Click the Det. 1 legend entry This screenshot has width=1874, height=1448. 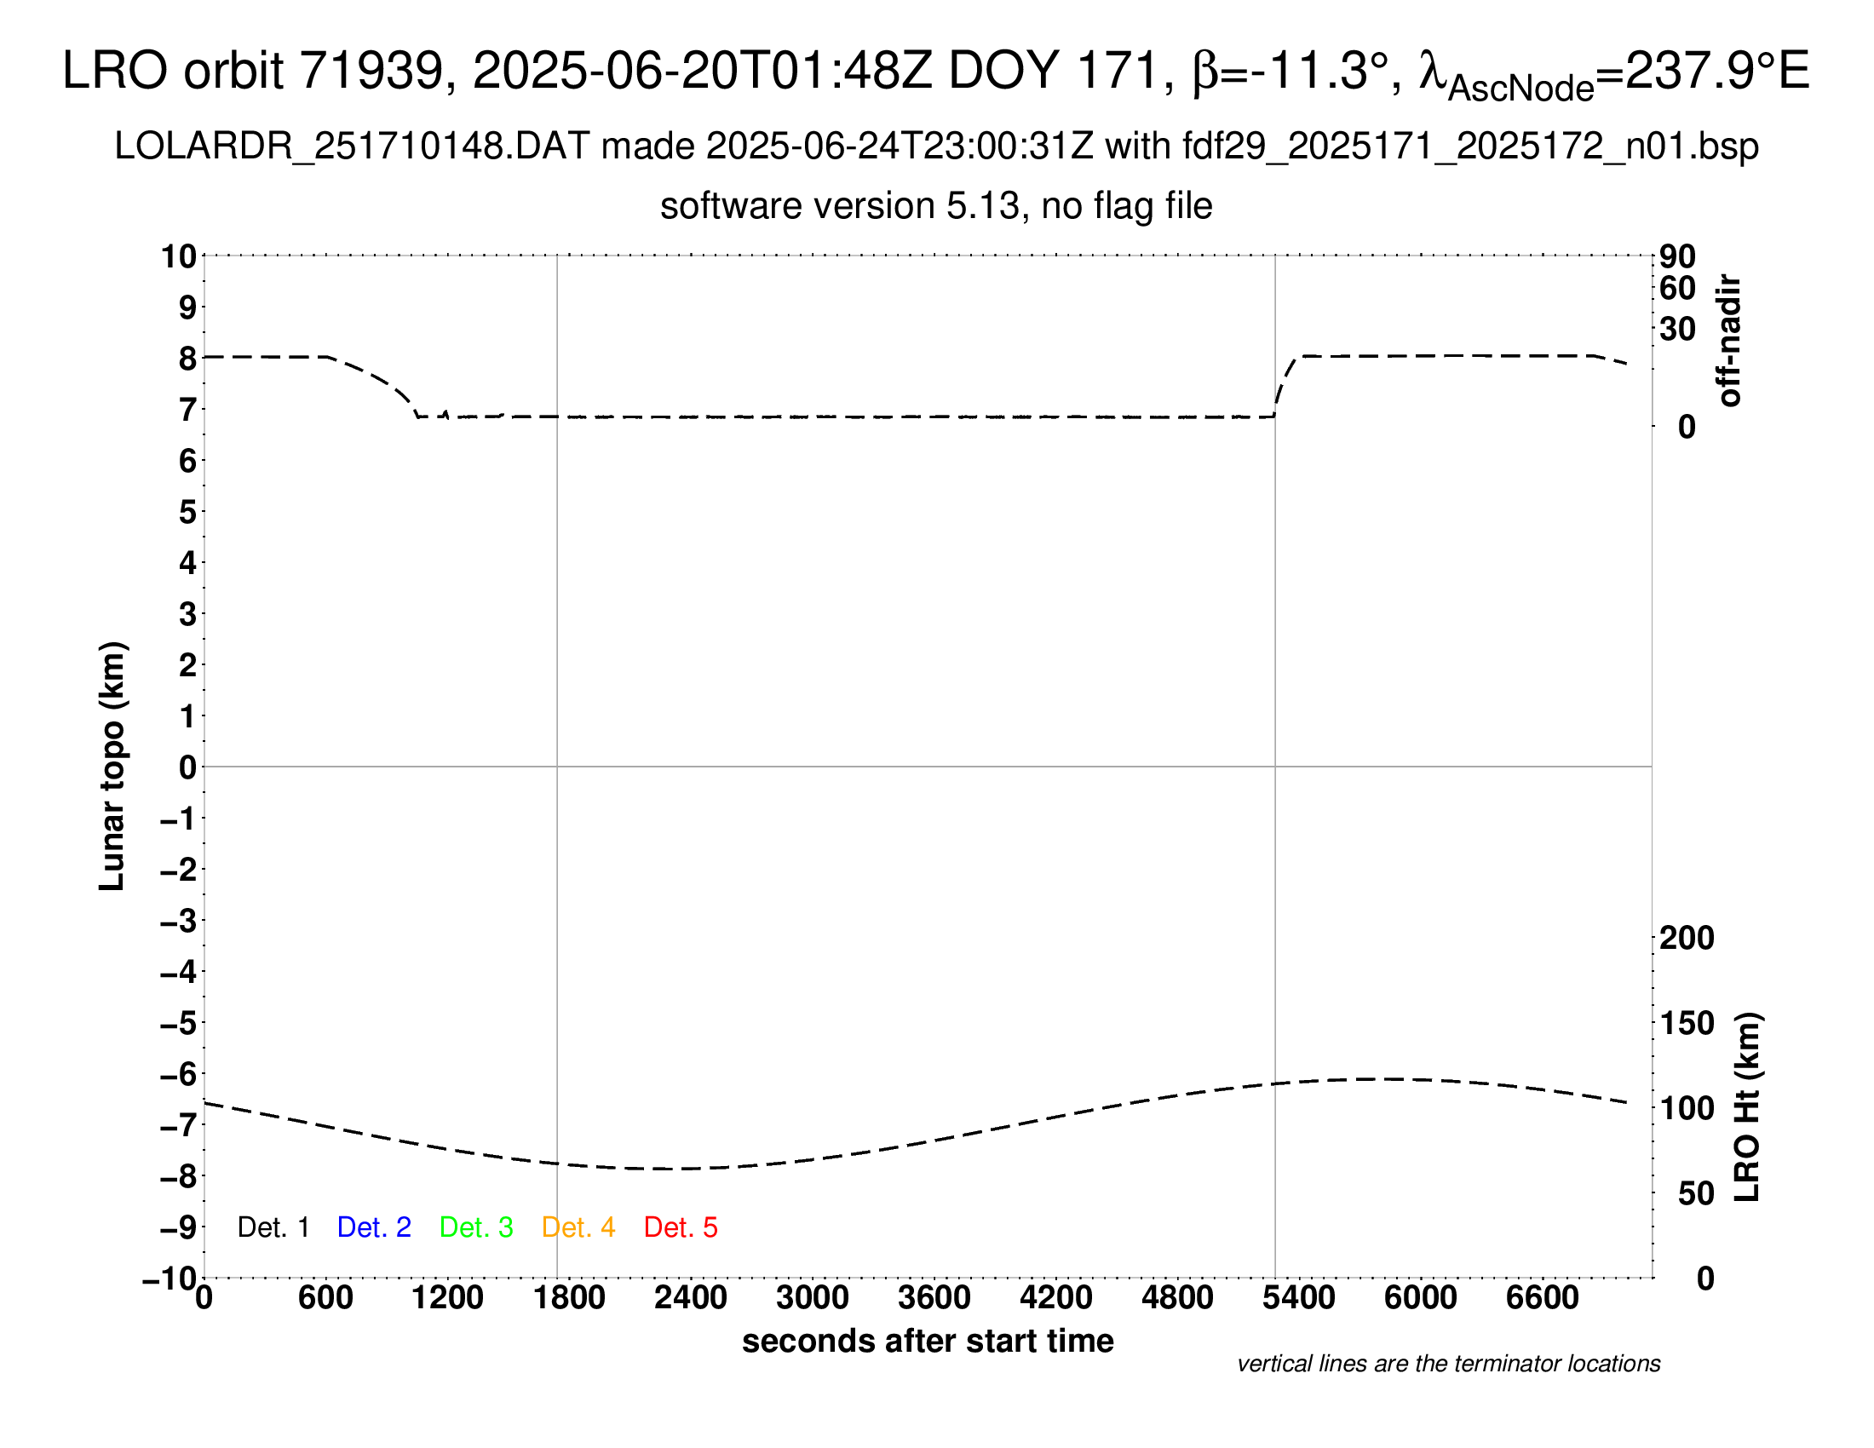pyautogui.click(x=273, y=1227)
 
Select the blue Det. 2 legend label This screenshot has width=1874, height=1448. pyautogui.click(x=374, y=1227)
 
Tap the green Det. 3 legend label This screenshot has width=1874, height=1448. pyautogui.click(x=476, y=1227)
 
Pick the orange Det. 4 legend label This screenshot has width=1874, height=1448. pyautogui.click(x=578, y=1227)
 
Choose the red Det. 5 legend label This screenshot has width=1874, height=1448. pyautogui.click(x=681, y=1227)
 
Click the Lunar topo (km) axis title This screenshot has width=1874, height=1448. pyautogui.click(x=112, y=766)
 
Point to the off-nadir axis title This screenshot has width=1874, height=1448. pyautogui.click(x=1729, y=341)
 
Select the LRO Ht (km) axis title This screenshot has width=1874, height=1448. pyautogui.click(x=1747, y=1107)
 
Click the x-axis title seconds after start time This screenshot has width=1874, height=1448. pyautogui.click(x=928, y=1341)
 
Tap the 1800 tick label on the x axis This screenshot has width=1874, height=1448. pyautogui.click(x=569, y=1298)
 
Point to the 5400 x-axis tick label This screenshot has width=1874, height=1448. pyautogui.click(x=1298, y=1298)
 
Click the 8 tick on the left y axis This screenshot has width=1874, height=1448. pyautogui.click(x=187, y=359)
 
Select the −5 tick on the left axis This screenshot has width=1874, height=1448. pyautogui.click(x=179, y=1023)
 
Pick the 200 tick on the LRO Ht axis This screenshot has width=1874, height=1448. pyautogui.click(x=1687, y=939)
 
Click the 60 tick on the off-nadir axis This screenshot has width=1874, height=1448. pyautogui.click(x=1677, y=289)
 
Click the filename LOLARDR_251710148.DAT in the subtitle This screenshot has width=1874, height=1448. pyautogui.click(x=352, y=147)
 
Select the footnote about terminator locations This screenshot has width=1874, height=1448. pyautogui.click(x=1448, y=1364)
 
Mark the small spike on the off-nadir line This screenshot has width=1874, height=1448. pyautogui.click(x=446, y=413)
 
